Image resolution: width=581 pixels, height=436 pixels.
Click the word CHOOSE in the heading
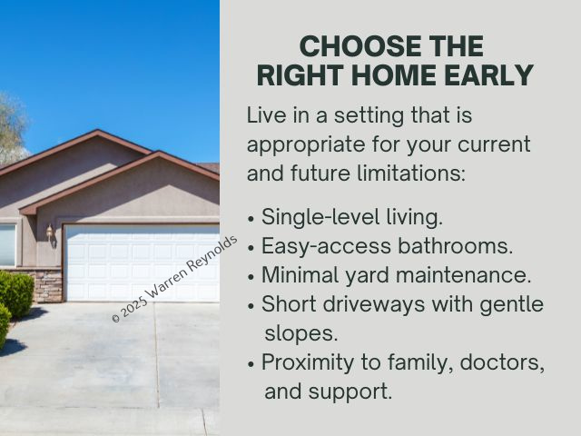coord(360,46)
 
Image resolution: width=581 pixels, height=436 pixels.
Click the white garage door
coord(142,263)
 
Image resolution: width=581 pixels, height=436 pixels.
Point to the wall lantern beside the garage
coord(50,233)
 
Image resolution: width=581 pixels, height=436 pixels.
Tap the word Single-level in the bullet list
coord(320,217)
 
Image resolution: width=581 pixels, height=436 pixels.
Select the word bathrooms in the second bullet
coord(456,245)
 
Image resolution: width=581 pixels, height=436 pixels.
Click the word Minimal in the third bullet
coord(300,274)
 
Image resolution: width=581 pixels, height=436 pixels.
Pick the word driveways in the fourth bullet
coord(373,304)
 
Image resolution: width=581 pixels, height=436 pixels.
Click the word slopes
coord(301,334)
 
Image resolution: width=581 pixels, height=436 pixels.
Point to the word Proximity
coord(308,362)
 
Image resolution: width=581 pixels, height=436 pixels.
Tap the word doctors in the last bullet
coord(502,362)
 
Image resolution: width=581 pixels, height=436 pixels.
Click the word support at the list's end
coord(350,392)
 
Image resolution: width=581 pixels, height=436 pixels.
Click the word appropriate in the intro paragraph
coord(306,144)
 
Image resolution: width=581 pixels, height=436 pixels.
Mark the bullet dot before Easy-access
coord(251,248)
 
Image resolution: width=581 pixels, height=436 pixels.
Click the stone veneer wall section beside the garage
coord(48,285)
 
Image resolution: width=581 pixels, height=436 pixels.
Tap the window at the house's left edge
coord(8,244)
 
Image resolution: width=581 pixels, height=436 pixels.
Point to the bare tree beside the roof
coord(12,128)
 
